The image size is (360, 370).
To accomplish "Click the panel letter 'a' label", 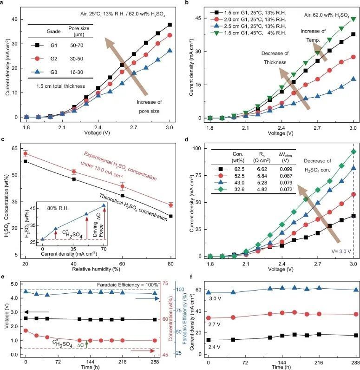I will pos(3,3).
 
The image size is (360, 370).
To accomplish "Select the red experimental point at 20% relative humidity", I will pos(26,153).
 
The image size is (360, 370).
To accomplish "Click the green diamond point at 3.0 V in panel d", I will pos(353,152).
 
